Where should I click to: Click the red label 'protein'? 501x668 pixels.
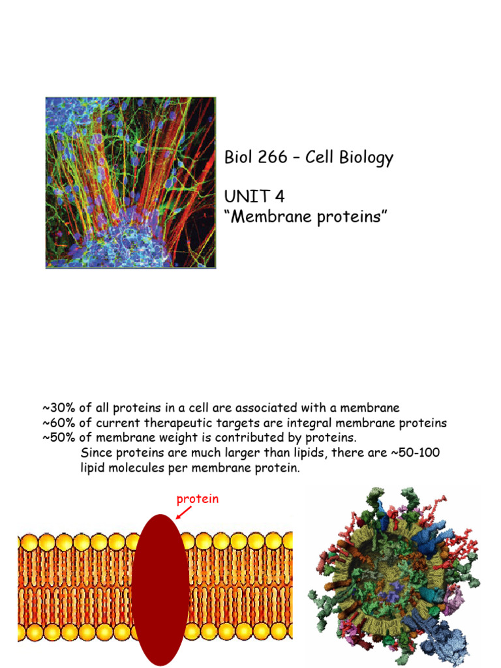tap(198, 499)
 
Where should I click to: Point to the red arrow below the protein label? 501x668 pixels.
tap(183, 514)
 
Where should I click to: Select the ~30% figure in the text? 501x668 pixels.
tap(59, 409)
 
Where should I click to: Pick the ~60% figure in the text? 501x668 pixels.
tap(59, 423)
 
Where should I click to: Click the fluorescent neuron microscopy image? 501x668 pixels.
tap(130, 183)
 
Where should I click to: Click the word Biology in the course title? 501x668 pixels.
tap(367, 158)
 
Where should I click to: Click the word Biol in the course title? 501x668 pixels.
tap(237, 158)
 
